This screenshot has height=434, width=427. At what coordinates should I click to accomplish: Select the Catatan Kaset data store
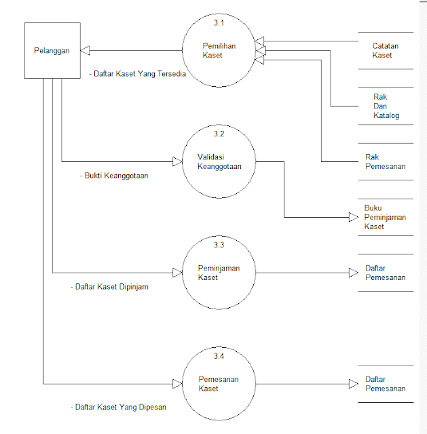tap(385, 50)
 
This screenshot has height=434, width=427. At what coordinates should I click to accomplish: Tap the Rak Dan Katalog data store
tap(385, 106)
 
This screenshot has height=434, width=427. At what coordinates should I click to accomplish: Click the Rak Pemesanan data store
tap(385, 161)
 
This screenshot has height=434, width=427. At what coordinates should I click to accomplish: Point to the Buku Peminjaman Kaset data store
tap(385, 217)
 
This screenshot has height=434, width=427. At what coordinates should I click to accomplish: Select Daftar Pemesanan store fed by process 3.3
tap(385, 273)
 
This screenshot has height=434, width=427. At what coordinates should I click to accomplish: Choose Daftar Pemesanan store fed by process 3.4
tap(385, 384)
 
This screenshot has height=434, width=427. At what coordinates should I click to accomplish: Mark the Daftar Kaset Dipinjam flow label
tap(109, 286)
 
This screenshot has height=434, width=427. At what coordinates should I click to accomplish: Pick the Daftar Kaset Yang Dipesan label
tap(118, 407)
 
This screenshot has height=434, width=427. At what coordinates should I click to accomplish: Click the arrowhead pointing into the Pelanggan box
tap(85, 50)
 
